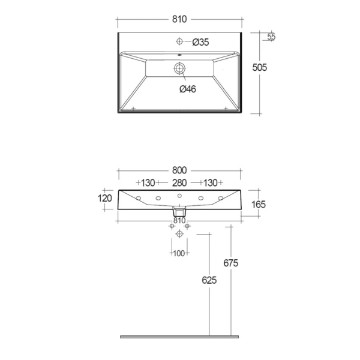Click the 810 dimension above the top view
[179, 19]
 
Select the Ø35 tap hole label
[200, 42]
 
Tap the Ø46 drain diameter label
[188, 89]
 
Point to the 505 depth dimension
[260, 67]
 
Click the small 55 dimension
[271, 37]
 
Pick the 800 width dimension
[179, 170]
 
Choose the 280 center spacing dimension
[179, 183]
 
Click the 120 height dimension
[105, 199]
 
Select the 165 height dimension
[259, 205]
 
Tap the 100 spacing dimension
[179, 253]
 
